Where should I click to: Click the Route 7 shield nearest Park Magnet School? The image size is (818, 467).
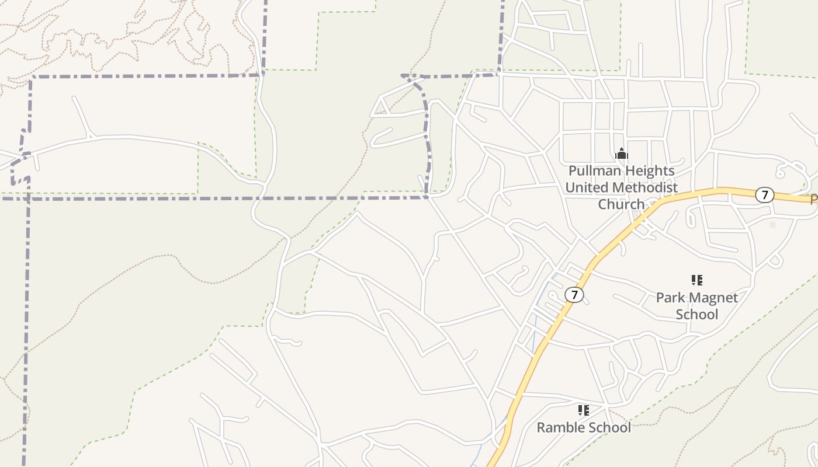[x=574, y=295]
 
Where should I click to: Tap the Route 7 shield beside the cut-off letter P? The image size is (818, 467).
[x=764, y=195]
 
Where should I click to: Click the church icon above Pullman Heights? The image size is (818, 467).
[x=622, y=154]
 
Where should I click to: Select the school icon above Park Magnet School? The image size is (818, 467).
[x=696, y=281]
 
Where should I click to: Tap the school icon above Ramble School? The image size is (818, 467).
[x=583, y=410]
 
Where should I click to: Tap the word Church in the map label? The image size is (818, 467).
[x=621, y=204]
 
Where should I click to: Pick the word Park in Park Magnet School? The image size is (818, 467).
[x=669, y=298]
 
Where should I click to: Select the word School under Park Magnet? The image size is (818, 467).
[x=696, y=314]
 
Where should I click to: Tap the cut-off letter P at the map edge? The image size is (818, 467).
[x=813, y=200]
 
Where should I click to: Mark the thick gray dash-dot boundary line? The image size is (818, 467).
[x=175, y=198]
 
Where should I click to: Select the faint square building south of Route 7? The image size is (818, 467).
[x=772, y=224]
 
